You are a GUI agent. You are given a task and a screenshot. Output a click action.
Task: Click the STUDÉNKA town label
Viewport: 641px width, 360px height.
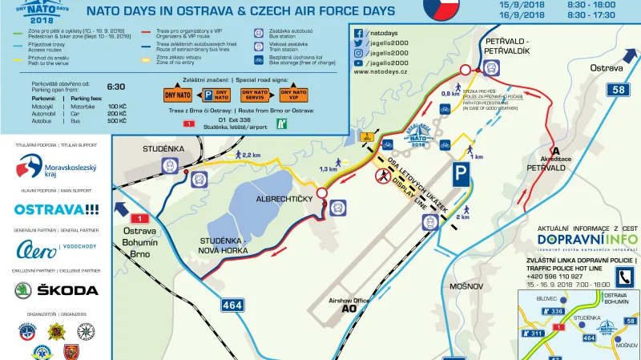(x=164, y=149)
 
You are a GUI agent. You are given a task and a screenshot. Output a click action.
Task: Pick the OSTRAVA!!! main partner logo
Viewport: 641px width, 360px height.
(x=56, y=209)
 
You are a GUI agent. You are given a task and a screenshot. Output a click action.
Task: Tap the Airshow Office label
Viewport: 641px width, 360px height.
(x=349, y=301)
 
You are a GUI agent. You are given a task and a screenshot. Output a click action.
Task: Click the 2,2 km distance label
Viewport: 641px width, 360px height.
(x=250, y=155)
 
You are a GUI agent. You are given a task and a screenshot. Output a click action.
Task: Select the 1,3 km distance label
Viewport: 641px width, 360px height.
(x=328, y=169)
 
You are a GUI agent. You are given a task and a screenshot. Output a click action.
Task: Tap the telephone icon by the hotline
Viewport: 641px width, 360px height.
(x=623, y=277)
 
